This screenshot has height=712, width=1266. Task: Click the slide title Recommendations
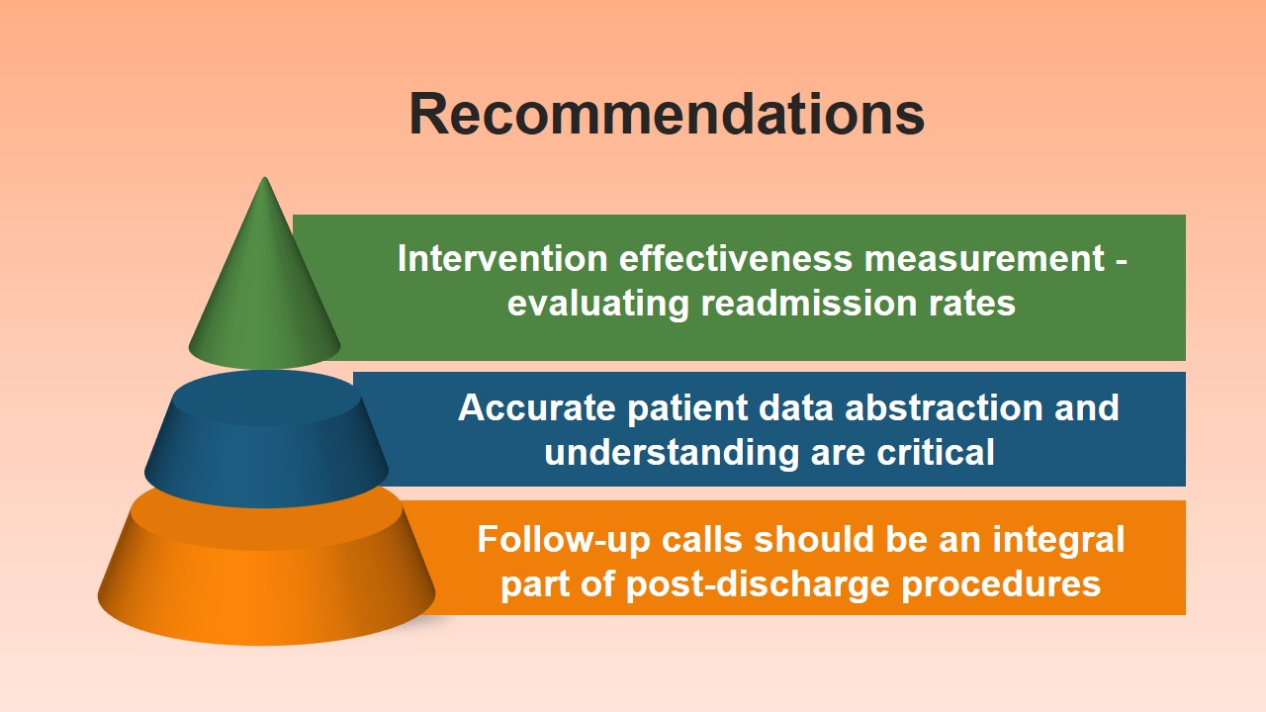(x=667, y=114)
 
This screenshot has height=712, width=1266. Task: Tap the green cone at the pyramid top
(x=264, y=283)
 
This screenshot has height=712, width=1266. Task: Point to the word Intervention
(x=502, y=258)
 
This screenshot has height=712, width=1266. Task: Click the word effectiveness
(x=735, y=258)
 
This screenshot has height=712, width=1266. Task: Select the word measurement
(x=984, y=258)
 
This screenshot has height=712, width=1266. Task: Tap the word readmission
(x=809, y=303)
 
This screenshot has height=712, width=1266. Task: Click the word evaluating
(x=598, y=304)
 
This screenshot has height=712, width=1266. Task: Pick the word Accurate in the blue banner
(x=537, y=407)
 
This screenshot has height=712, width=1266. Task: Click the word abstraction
(x=944, y=407)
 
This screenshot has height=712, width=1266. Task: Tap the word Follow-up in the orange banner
(x=564, y=540)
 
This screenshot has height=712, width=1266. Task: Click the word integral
(x=1058, y=541)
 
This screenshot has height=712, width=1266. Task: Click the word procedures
(x=1001, y=584)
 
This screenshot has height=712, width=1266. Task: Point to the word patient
(x=686, y=408)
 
